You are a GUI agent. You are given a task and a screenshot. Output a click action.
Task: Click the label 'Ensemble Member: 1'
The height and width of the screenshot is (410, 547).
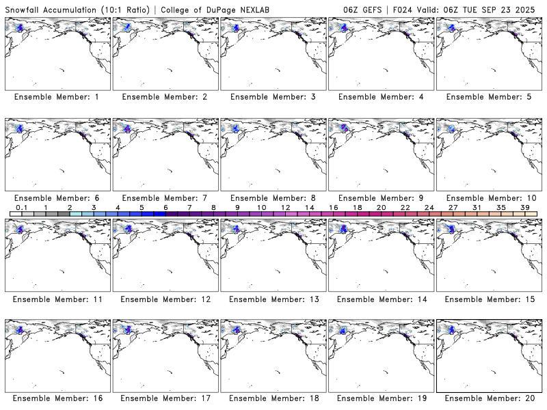[56, 97]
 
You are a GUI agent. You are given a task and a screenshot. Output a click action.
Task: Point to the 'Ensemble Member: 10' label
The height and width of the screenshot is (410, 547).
[490, 198]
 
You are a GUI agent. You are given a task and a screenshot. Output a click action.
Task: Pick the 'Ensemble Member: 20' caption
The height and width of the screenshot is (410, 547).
[490, 398]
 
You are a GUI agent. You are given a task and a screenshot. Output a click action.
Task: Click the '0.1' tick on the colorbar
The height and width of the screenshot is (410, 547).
[21, 207]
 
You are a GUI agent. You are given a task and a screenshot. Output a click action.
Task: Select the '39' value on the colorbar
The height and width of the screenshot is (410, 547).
[525, 207]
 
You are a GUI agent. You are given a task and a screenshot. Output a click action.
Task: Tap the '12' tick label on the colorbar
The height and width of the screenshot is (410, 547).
[285, 207]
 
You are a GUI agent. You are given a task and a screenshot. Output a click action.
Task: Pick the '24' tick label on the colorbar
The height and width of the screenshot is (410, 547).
[429, 207]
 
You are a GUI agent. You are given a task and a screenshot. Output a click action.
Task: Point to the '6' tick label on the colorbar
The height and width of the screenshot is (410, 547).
[165, 207]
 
